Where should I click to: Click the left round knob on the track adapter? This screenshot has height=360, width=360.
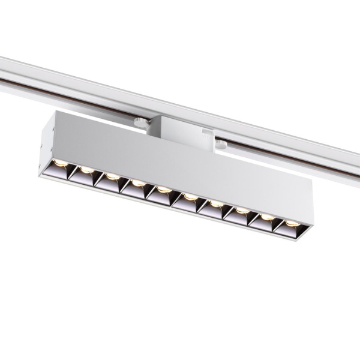point(140,122)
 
